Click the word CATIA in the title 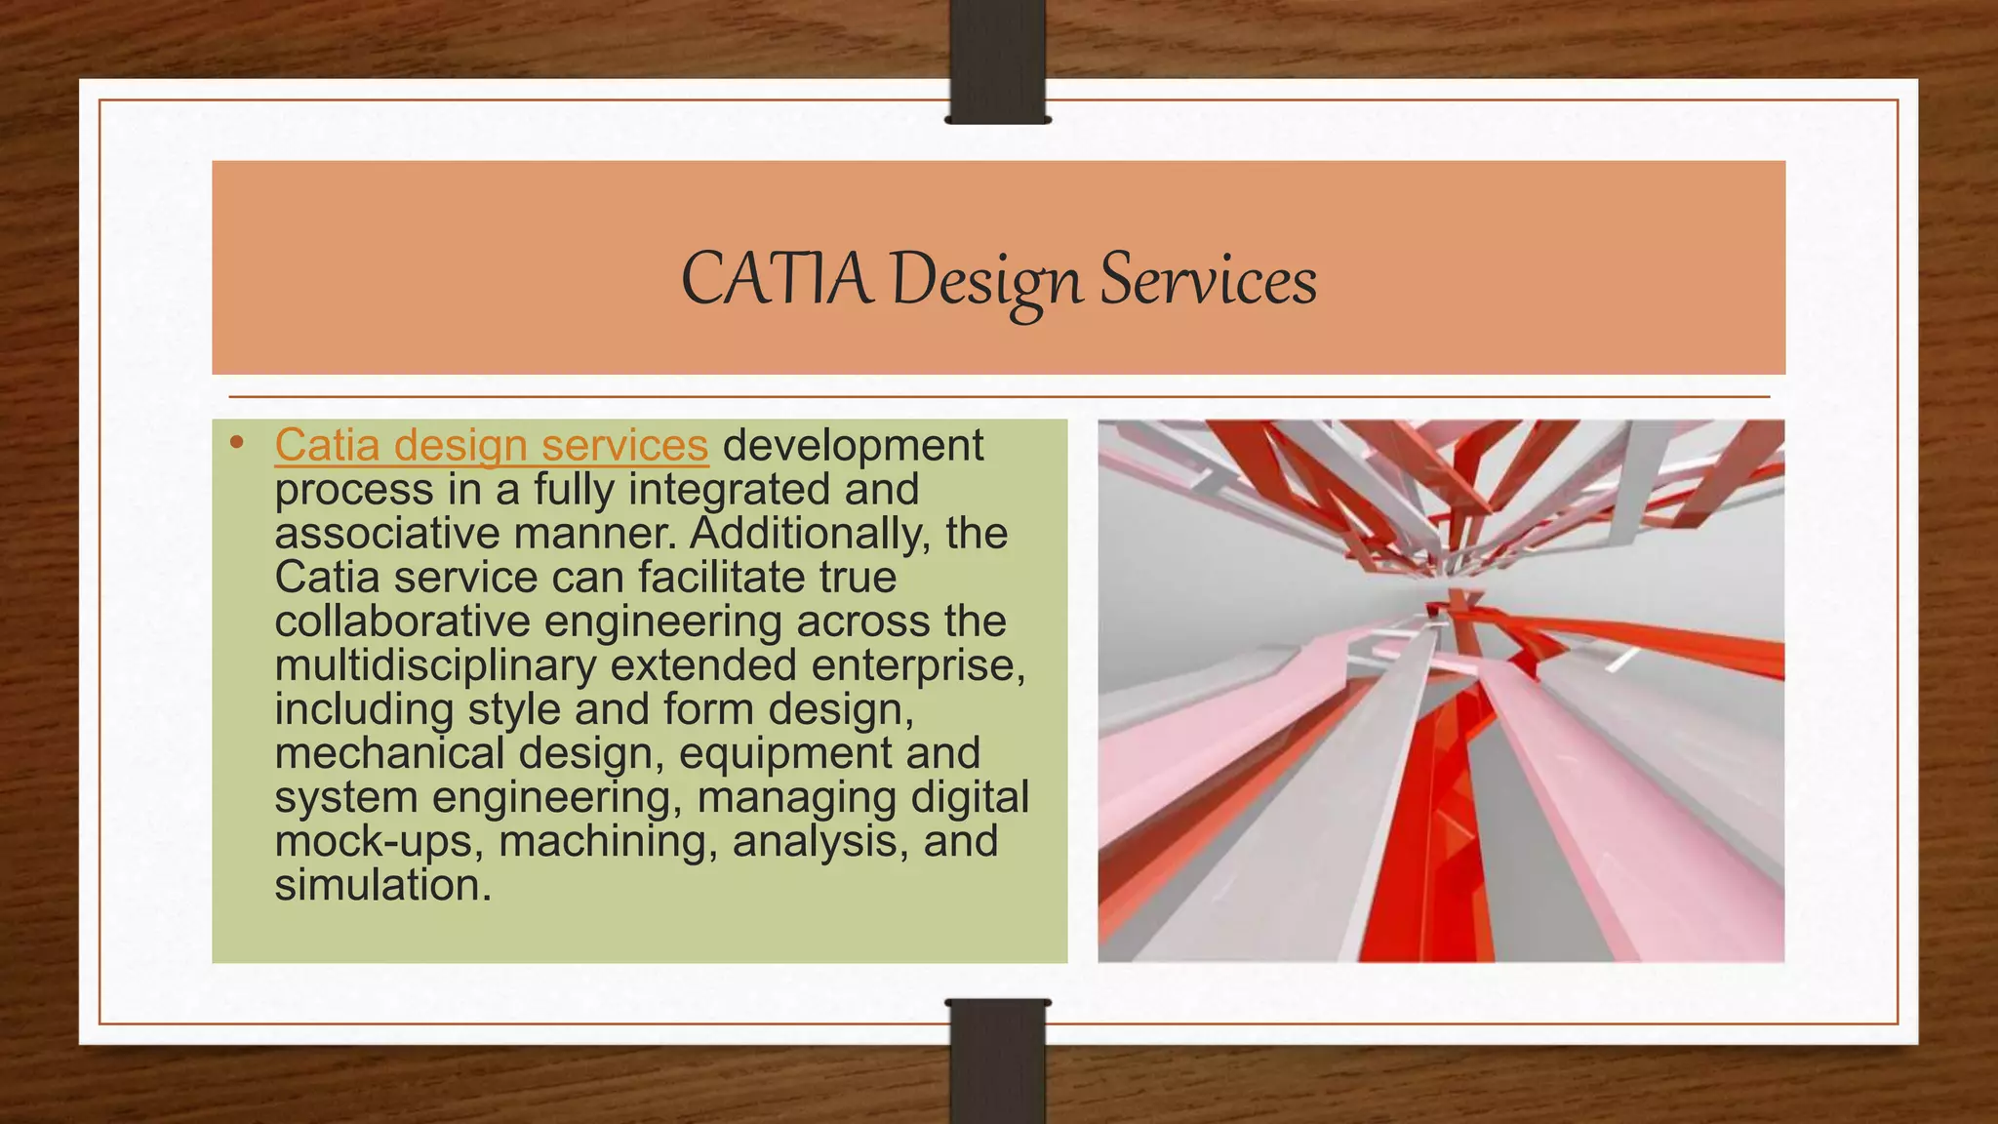tap(776, 279)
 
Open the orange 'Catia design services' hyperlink tap(491, 446)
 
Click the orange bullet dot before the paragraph tap(236, 444)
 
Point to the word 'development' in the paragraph tap(853, 446)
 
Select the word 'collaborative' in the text tap(403, 622)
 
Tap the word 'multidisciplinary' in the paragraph tap(435, 665)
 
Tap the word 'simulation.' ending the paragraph tap(382, 886)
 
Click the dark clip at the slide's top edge tap(997, 60)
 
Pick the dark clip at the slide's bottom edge tap(997, 1062)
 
